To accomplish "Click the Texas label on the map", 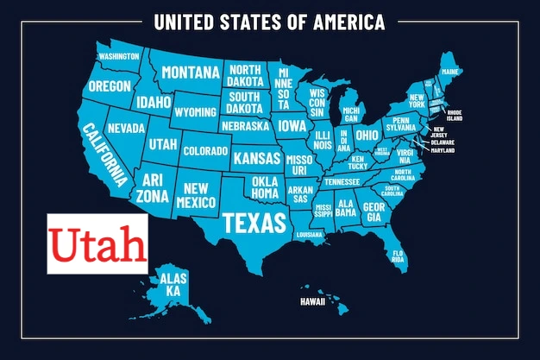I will click(x=254, y=223).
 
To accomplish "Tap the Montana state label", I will click(x=190, y=72).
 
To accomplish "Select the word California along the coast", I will click(x=104, y=155).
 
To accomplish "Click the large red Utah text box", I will click(x=97, y=244).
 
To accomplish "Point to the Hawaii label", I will click(x=312, y=302).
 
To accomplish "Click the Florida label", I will click(x=398, y=255).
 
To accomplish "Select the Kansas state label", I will click(x=257, y=159).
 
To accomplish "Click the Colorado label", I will click(x=205, y=151).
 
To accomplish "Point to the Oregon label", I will click(x=110, y=86).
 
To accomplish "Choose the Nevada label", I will click(x=126, y=128).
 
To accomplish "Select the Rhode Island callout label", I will click(x=455, y=116).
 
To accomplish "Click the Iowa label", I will click(x=292, y=125).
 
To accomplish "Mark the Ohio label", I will click(x=367, y=136).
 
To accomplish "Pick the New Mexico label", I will click(x=197, y=194).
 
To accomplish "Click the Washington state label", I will click(x=119, y=57).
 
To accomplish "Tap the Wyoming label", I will click(x=195, y=112).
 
